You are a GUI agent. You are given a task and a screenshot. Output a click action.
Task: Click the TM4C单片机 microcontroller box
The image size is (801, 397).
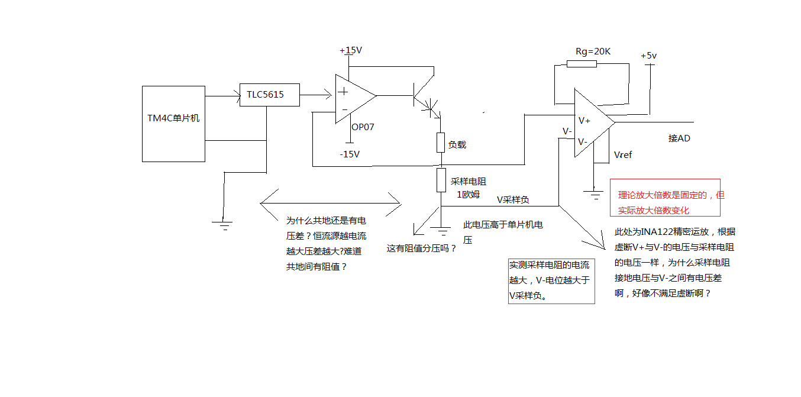(173, 124)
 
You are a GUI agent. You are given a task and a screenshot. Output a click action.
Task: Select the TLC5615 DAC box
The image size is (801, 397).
(270, 95)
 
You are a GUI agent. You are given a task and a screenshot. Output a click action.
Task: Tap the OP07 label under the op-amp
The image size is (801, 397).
(363, 127)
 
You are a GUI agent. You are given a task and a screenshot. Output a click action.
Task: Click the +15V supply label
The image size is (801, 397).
(351, 50)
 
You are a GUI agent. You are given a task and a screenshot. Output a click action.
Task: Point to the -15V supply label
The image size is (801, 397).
(350, 154)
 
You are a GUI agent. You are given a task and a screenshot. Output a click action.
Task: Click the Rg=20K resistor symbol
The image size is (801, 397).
(582, 64)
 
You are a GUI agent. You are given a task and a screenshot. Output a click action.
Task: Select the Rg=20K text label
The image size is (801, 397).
(593, 51)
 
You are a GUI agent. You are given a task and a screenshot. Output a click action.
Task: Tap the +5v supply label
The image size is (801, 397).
(648, 56)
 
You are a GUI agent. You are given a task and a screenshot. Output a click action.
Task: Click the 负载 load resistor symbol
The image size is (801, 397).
(441, 143)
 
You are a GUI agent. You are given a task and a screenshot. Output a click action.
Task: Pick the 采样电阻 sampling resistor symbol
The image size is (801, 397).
(441, 180)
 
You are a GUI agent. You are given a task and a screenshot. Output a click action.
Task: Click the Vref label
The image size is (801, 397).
(623, 155)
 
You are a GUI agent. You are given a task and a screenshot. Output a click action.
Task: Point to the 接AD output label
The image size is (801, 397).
(679, 138)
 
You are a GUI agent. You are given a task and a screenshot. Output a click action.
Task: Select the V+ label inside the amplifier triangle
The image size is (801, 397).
(584, 121)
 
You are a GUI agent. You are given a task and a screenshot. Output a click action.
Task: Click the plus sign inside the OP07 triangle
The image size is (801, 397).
(343, 92)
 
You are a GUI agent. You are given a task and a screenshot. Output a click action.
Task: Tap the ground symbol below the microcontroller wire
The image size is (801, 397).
(222, 225)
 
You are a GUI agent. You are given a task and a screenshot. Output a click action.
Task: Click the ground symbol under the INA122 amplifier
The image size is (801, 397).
(594, 195)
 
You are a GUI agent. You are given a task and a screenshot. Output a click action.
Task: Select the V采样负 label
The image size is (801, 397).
(513, 199)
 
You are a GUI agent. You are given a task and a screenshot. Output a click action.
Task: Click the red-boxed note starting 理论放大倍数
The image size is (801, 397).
(665, 198)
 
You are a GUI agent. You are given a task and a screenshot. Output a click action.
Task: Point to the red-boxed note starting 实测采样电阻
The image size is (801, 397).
(551, 281)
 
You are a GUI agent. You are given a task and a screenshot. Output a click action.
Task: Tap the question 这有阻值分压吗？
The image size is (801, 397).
(422, 248)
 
